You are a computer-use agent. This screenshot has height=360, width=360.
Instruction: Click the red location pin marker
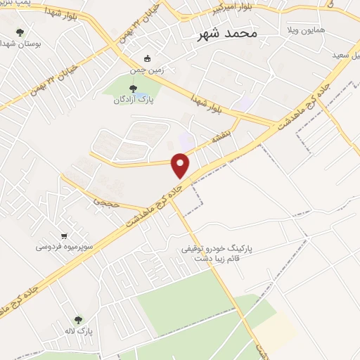[181, 164]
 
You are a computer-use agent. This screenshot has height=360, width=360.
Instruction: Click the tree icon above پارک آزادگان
[133, 88]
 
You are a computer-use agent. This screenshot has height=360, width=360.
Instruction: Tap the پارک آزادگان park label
[134, 100]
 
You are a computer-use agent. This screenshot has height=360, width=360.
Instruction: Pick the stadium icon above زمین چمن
[147, 58]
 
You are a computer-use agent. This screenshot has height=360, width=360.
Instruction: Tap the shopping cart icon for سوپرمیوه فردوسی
[65, 236]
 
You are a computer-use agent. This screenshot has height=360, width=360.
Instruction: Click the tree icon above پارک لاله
[77, 319]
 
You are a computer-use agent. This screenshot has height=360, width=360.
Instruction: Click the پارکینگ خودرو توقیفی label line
[225, 249]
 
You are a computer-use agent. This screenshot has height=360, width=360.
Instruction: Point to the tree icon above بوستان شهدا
[19, 32]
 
